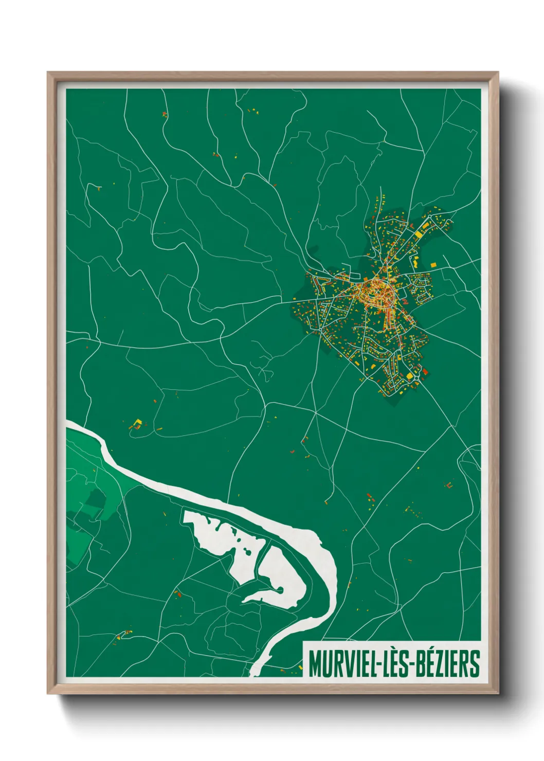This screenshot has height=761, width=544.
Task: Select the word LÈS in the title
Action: (x=395, y=663)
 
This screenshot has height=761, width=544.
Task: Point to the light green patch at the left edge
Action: (x=77, y=540)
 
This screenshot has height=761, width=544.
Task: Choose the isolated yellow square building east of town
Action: (x=433, y=264)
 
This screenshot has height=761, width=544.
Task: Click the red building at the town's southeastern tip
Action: (x=425, y=371)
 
